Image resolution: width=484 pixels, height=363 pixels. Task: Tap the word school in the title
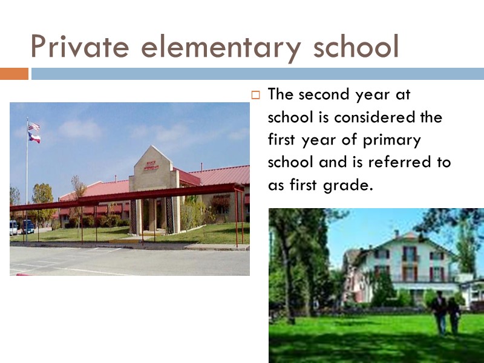point(355,47)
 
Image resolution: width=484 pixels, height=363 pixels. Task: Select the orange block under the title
point(14,74)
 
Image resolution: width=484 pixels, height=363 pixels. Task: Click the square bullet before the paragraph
point(255,95)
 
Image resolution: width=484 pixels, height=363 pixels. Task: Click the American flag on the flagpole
point(34,126)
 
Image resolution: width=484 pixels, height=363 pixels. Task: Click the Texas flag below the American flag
point(34,138)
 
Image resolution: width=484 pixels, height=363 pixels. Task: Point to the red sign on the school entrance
point(151,165)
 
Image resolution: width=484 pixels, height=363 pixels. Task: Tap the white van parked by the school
point(13,227)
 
